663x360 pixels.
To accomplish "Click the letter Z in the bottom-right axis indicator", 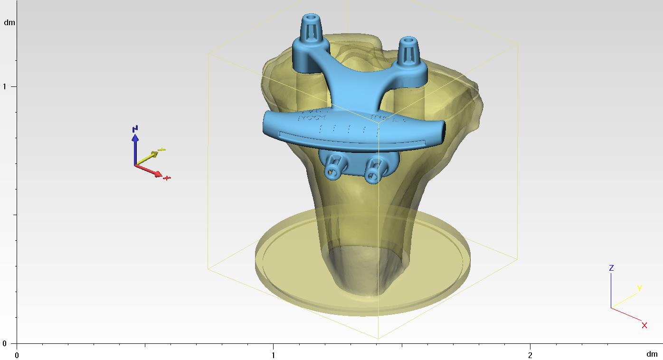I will point(611,268).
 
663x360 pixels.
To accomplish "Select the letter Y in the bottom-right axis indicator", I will point(639,288).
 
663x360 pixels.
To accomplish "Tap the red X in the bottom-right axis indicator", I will point(644,325).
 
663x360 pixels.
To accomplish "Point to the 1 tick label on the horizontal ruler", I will point(273,355).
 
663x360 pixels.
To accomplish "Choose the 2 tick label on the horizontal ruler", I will point(530,355).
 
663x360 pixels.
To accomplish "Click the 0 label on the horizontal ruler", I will point(17,355).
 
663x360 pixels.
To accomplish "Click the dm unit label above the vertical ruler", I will point(9,22).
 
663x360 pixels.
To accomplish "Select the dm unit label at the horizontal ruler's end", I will point(652,354).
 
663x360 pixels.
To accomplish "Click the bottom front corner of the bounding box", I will point(378,339).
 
